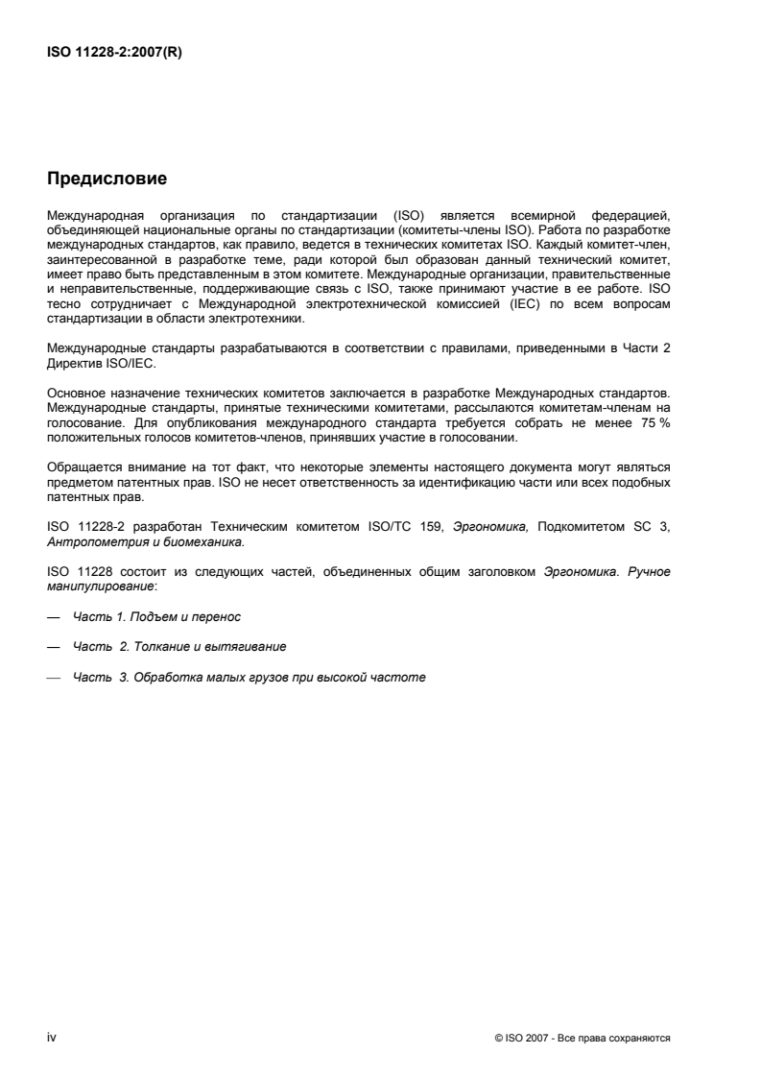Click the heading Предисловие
pos(107,179)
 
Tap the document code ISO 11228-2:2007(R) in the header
pos(114,54)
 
